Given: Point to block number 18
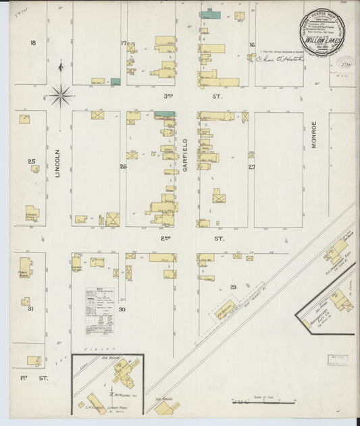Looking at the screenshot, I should [x=32, y=43].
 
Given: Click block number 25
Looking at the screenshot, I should [x=31, y=161].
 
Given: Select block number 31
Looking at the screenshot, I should [x=30, y=309].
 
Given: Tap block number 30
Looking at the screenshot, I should [x=122, y=309].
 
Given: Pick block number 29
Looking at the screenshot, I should [x=234, y=288].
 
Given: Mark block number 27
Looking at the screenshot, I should [x=251, y=166].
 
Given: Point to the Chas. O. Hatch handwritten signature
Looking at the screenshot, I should [x=280, y=59].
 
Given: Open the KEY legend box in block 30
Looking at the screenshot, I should [x=99, y=311].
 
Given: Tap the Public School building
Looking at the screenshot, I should [x=26, y=266].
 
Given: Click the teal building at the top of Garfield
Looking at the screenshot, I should [x=210, y=14].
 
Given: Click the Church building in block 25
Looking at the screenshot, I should [x=32, y=213].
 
